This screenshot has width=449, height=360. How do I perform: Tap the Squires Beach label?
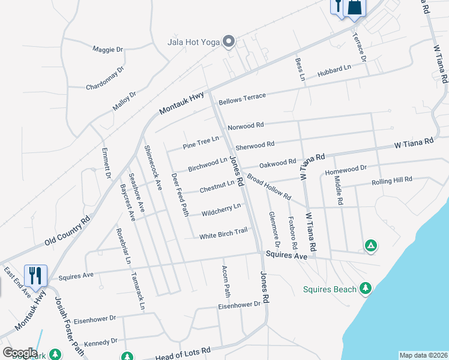click(x=328, y=289)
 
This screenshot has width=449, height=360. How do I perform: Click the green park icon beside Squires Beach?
click(x=365, y=289)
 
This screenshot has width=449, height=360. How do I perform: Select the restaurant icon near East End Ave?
click(x=34, y=275)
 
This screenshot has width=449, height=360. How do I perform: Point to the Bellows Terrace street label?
click(x=242, y=100)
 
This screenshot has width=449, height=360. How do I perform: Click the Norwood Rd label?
click(x=246, y=126)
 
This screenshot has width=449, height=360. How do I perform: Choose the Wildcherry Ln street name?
click(x=221, y=209)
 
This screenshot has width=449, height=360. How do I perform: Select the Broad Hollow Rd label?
click(x=269, y=188)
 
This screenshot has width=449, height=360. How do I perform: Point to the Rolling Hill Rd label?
click(x=391, y=181)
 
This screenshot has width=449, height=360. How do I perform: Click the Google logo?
click(x=19, y=353)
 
